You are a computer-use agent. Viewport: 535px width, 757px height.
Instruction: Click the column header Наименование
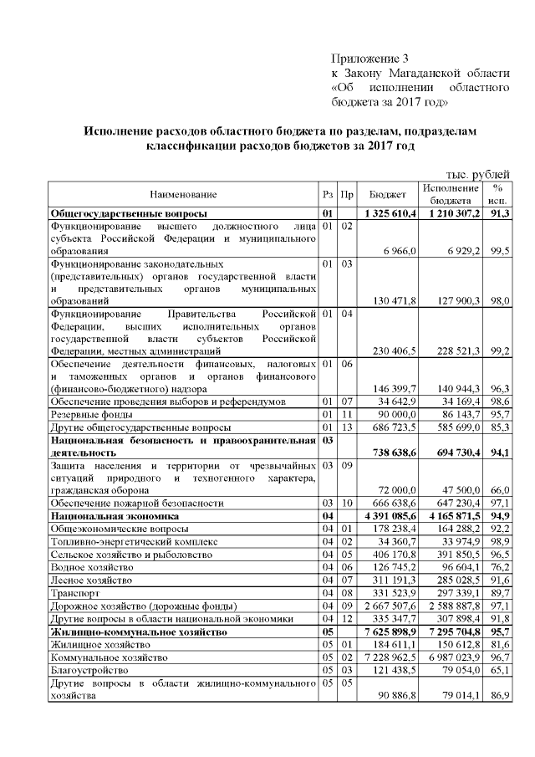[x=183, y=194]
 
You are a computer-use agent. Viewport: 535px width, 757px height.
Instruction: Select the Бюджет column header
[x=388, y=194]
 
